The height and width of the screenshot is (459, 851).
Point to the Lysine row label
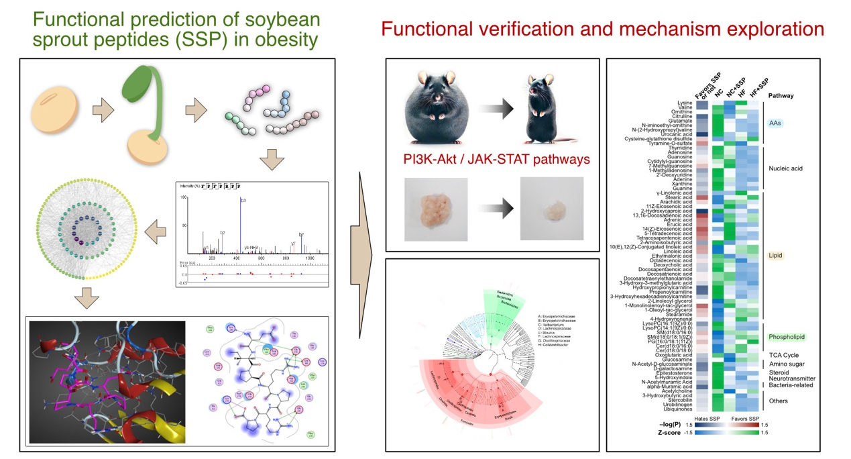click(x=681, y=103)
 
